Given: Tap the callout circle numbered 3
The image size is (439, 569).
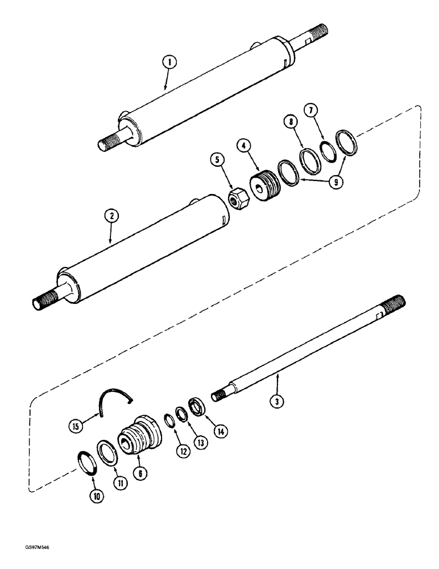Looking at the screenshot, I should (x=276, y=401).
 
